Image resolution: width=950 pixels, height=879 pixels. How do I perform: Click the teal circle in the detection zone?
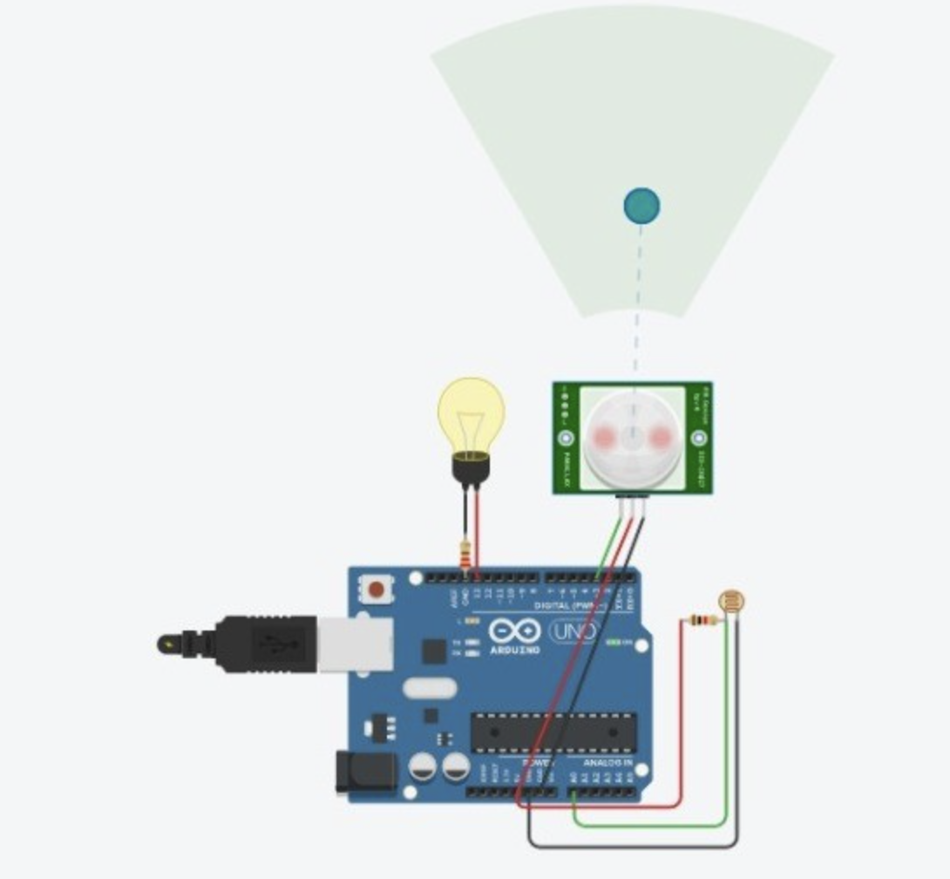tap(641, 206)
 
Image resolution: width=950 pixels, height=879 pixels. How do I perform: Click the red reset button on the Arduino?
tap(377, 589)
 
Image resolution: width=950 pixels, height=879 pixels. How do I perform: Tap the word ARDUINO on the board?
tap(513, 650)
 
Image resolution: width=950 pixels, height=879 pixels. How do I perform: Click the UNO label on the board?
tap(573, 630)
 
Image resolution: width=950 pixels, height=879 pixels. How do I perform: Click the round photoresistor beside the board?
tap(731, 600)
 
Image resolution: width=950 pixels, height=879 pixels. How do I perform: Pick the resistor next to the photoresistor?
tap(702, 621)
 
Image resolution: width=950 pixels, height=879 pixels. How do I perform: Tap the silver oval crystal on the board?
tap(431, 689)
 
